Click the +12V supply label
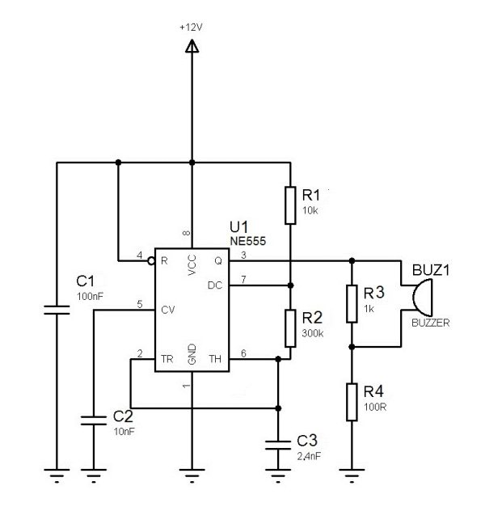point(192,27)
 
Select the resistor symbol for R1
point(290,205)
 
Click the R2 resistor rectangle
point(290,327)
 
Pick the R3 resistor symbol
point(352,303)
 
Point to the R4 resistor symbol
point(352,402)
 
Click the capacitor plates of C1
point(57,309)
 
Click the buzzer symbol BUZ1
point(420,298)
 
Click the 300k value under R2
point(313,332)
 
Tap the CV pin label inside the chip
point(168,309)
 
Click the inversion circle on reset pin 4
point(151,261)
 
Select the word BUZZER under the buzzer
point(430,322)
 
